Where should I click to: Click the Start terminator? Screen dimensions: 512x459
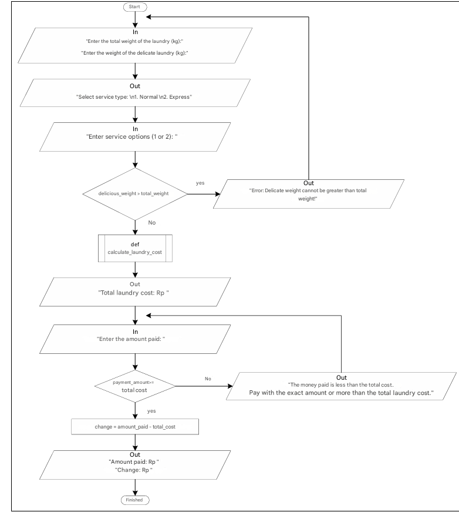[136, 7]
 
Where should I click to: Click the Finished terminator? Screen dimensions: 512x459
[136, 500]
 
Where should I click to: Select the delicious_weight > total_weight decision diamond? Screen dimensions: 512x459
[136, 193]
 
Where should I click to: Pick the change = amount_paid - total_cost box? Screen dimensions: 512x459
[136, 426]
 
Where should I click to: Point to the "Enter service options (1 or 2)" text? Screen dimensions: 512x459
[136, 138]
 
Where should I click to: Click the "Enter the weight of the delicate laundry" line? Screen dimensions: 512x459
[136, 53]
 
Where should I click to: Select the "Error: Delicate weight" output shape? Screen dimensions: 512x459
[309, 190]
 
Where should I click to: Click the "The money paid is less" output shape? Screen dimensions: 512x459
[342, 386]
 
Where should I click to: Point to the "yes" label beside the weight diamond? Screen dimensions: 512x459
[200, 183]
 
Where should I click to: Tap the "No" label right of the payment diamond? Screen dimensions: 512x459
[208, 379]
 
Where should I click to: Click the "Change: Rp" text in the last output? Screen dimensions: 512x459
[136, 468]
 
